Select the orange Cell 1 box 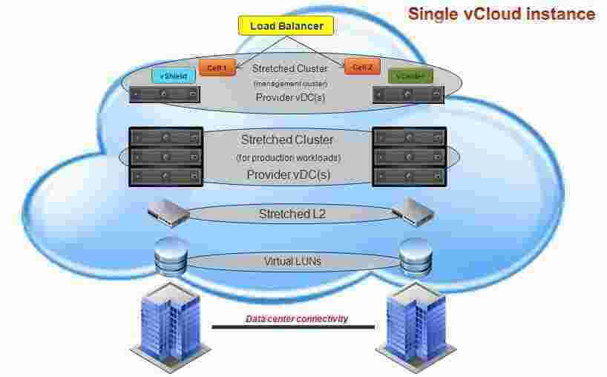pyautogui.click(x=217, y=68)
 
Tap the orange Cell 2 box pyautogui.click(x=362, y=68)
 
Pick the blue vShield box pyautogui.click(x=174, y=76)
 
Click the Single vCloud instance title pyautogui.click(x=502, y=13)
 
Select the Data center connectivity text pyautogui.click(x=297, y=319)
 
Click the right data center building pyautogui.click(x=413, y=330)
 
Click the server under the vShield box pyautogui.click(x=165, y=94)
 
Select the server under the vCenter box pyautogui.click(x=408, y=94)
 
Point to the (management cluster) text pyautogui.click(x=285, y=84)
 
